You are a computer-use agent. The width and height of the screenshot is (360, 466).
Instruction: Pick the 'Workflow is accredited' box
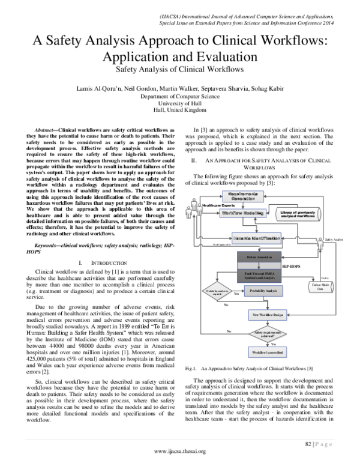pos(265,351)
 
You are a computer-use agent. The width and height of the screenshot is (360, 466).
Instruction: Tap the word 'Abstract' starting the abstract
pos(46,130)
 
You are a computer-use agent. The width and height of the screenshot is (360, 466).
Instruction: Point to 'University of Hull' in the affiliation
pos(180,103)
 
